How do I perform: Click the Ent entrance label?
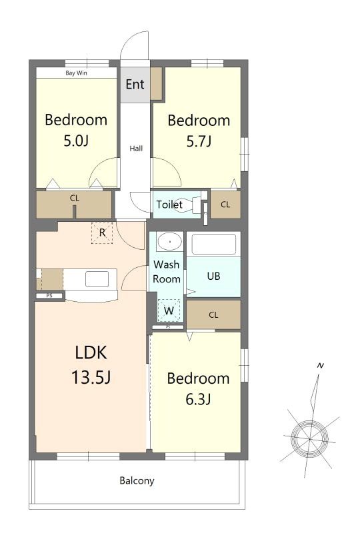point(135,84)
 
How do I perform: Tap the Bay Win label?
point(76,73)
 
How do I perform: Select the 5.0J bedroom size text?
point(76,141)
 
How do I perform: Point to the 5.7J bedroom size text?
point(199,141)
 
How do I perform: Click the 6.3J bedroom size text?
point(199,398)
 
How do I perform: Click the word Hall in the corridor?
point(136,148)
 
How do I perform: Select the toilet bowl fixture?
point(188,205)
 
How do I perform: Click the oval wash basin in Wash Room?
point(169,242)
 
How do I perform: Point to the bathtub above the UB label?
point(214,244)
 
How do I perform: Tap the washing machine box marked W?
point(169,310)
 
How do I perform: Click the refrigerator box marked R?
point(102,233)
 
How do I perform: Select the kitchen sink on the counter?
point(97,279)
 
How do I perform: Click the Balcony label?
point(137,480)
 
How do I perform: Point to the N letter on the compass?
point(320,366)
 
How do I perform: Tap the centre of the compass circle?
point(309,439)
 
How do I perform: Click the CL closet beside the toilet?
point(225,205)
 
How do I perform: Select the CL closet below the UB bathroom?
point(214,314)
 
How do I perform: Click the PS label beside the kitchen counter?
point(49,296)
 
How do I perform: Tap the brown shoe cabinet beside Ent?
point(156,84)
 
